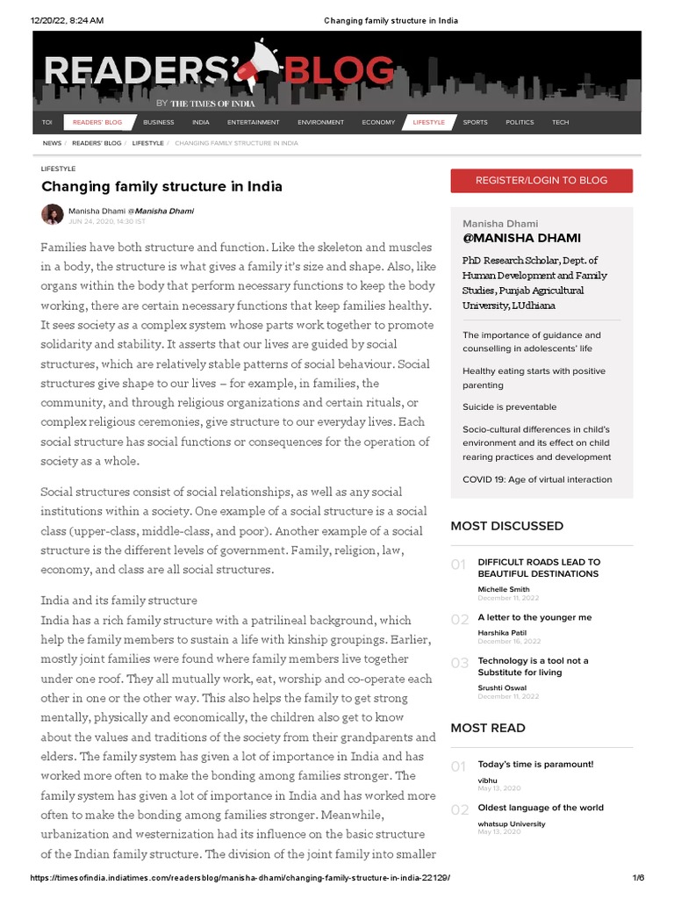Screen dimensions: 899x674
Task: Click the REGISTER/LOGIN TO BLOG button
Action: tap(541, 180)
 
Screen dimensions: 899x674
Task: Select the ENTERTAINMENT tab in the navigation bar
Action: tap(253, 122)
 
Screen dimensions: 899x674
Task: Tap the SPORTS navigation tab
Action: tap(475, 122)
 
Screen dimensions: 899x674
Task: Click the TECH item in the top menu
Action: tap(560, 122)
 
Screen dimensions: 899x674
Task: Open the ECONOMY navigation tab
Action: tap(378, 122)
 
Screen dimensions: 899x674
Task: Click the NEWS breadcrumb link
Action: tap(52, 142)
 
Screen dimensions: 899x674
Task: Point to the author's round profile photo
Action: tap(52, 215)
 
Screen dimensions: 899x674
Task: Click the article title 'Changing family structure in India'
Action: tap(161, 187)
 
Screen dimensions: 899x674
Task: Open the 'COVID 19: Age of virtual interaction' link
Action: tap(537, 479)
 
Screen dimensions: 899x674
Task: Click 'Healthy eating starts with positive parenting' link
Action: tap(534, 378)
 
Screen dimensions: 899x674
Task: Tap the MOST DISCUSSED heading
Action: tap(506, 526)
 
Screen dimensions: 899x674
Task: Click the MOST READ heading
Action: tap(487, 728)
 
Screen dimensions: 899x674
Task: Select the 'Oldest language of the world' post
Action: tap(540, 808)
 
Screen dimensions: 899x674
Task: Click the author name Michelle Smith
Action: tap(503, 589)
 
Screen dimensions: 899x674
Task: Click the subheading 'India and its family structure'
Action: tap(119, 601)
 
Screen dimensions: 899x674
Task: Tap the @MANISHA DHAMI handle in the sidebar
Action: tap(521, 238)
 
